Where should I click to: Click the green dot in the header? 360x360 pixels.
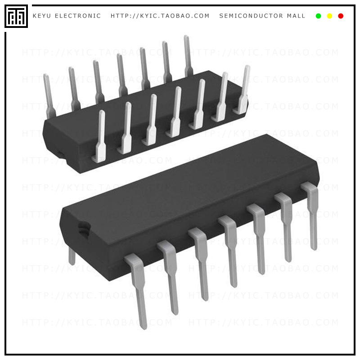pos(319,16)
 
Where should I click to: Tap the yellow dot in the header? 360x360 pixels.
pos(329,16)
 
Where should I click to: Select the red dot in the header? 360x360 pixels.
pos(341,16)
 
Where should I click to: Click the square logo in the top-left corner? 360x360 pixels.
pos(16,16)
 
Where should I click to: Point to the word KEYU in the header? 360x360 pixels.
pos(42,16)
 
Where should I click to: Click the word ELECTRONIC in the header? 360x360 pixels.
pos(78,16)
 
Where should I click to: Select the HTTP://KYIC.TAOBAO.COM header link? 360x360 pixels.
pos(160,16)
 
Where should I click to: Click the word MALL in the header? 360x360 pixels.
pos(296,16)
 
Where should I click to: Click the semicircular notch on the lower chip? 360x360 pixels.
pos(83,228)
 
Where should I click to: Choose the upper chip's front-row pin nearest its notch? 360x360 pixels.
pos(100,137)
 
